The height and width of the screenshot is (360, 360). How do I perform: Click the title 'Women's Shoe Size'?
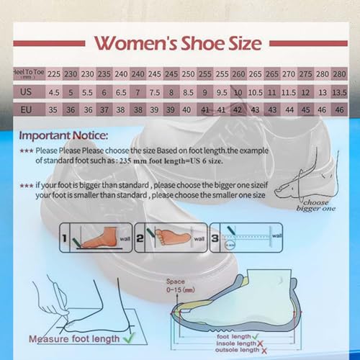click(x=179, y=43)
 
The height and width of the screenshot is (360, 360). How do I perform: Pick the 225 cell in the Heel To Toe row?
click(x=54, y=73)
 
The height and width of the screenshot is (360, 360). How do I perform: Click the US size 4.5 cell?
click(x=54, y=93)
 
